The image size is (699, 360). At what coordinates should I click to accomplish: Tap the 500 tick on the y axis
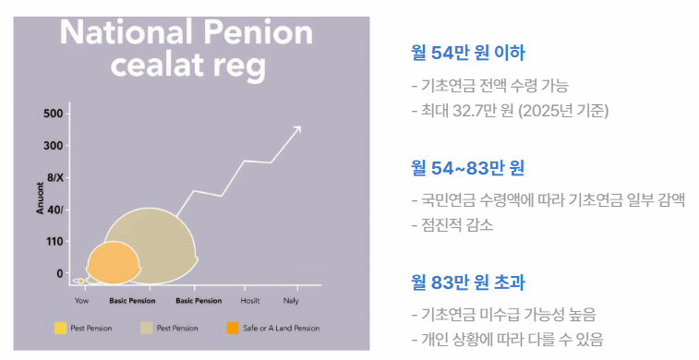(x=53, y=114)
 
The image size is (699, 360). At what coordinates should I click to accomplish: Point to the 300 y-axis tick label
(x=53, y=146)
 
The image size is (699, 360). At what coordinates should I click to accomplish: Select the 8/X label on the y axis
(x=55, y=177)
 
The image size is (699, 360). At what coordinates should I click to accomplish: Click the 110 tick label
(x=55, y=242)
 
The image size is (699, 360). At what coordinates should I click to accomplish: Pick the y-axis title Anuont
(x=41, y=198)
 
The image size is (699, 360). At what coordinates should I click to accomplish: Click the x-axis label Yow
(x=81, y=301)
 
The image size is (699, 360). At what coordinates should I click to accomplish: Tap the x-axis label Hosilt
(x=249, y=301)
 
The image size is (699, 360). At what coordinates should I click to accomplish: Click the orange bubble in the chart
(x=113, y=262)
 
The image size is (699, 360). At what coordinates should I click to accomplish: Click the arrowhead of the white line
(x=297, y=129)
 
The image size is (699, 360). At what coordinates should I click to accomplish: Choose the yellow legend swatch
(x=60, y=328)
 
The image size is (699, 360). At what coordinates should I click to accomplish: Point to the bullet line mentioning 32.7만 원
(x=510, y=110)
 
